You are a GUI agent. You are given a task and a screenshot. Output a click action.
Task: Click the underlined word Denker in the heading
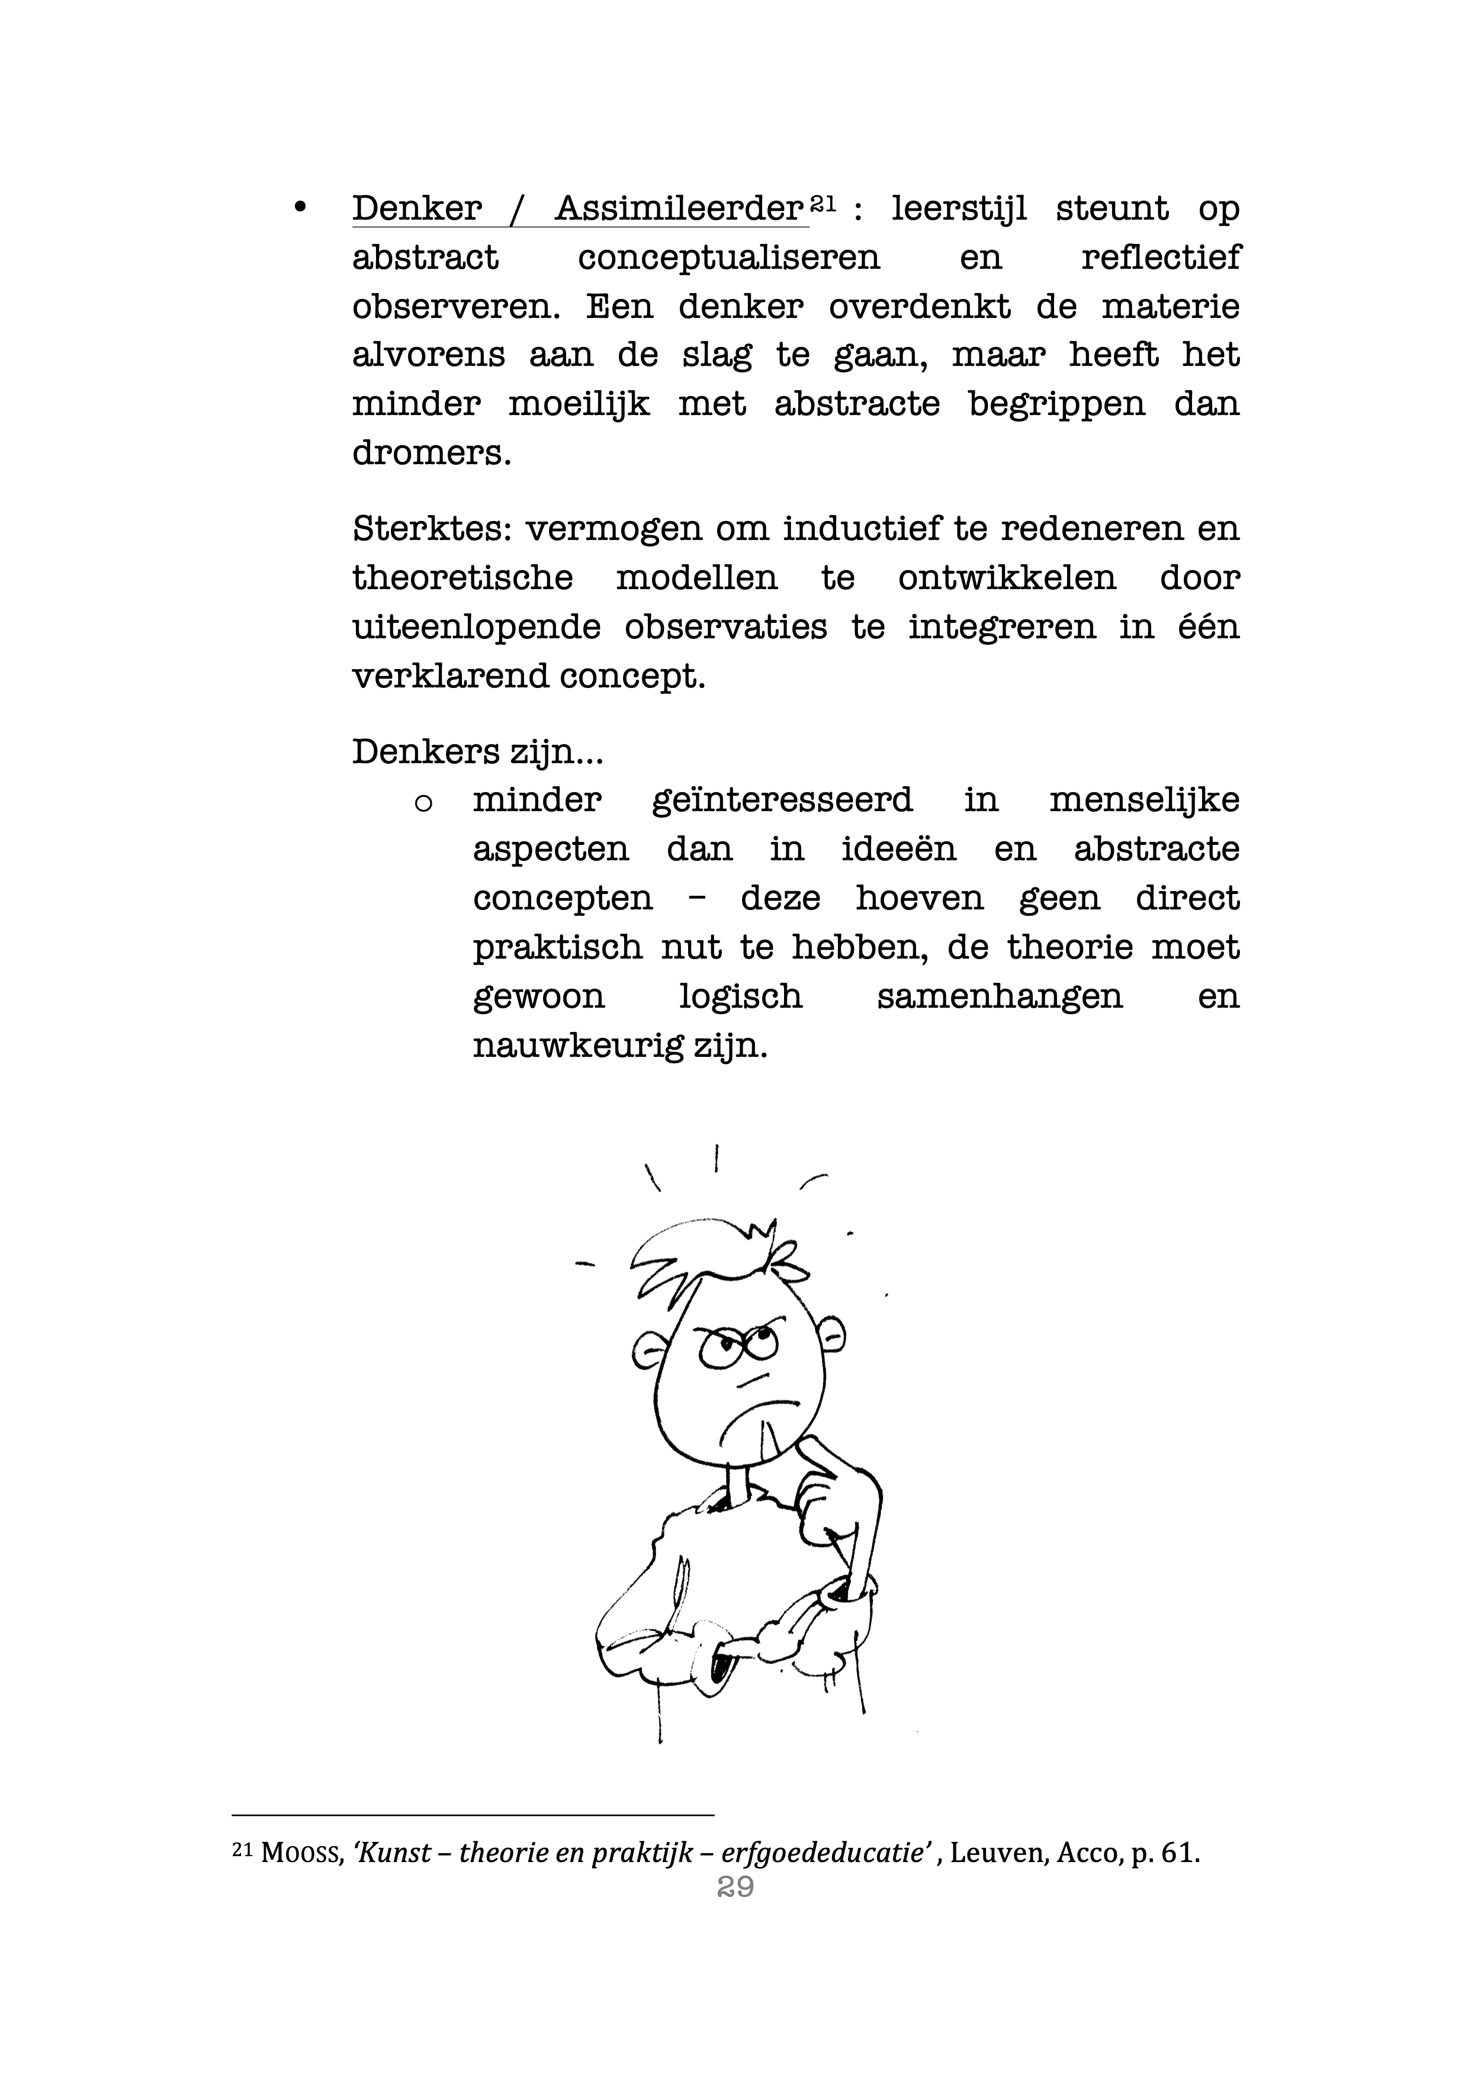(x=417, y=209)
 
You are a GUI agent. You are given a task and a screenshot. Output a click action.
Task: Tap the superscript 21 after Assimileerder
(x=821, y=204)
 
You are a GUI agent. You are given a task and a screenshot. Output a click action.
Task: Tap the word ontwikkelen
(x=1007, y=577)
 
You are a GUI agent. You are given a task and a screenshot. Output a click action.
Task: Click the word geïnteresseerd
(x=782, y=800)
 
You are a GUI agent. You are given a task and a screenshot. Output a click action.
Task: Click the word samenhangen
(x=1000, y=997)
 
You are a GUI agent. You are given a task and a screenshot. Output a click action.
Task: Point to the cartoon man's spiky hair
(x=715, y=1253)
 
